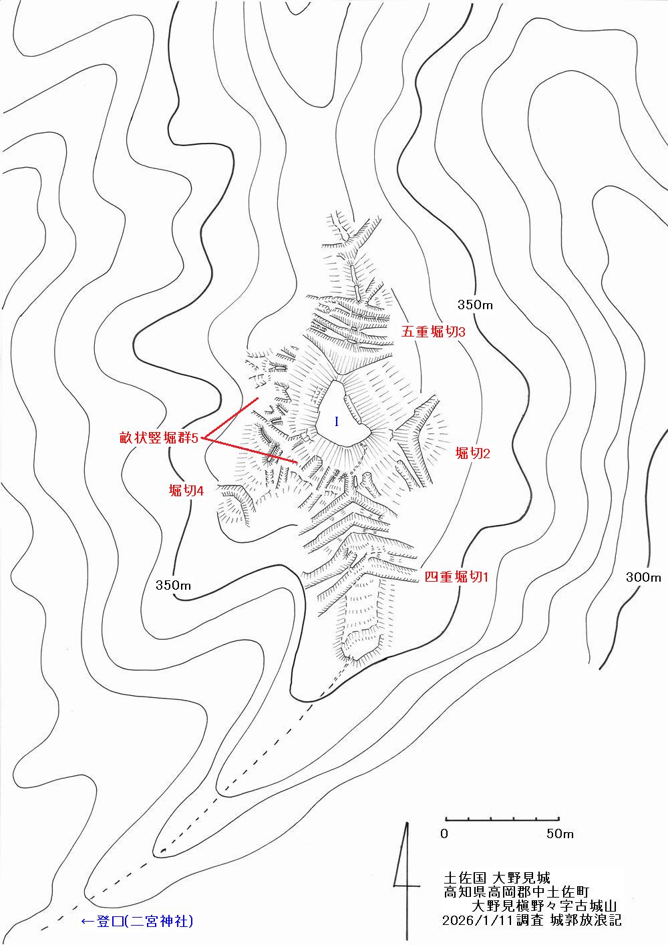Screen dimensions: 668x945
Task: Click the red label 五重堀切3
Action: [433, 332]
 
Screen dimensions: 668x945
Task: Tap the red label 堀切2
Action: [473, 453]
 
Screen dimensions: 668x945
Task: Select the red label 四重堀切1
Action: [456, 577]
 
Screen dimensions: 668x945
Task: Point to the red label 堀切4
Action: [186, 491]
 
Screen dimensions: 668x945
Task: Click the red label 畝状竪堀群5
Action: [159, 438]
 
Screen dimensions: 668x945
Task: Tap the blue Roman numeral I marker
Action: [337, 421]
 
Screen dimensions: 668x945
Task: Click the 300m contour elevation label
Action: [643, 577]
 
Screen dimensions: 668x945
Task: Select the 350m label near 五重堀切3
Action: [475, 305]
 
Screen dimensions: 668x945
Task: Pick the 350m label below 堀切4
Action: [174, 585]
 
